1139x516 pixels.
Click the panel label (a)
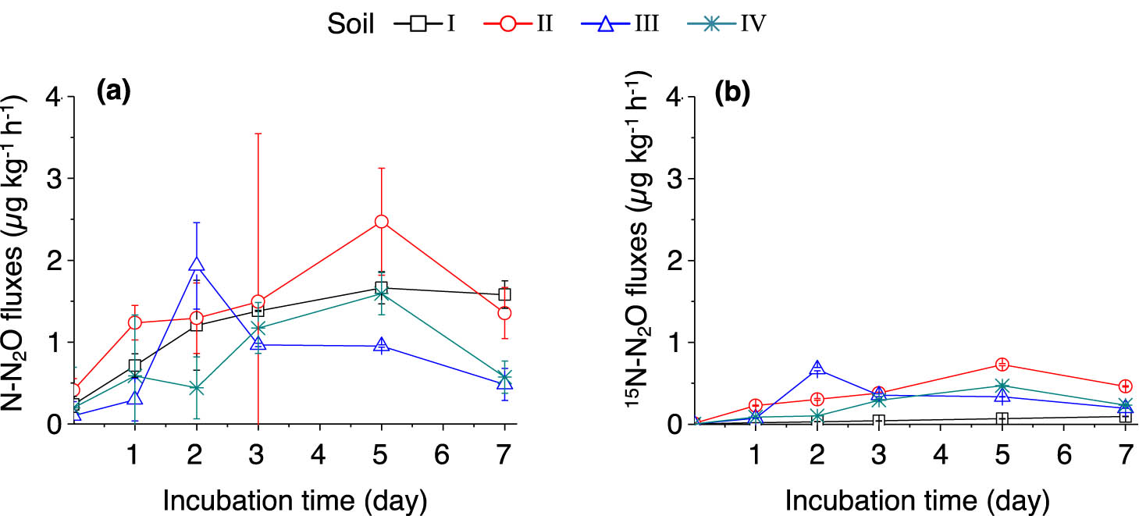click(113, 92)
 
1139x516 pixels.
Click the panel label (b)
click(732, 92)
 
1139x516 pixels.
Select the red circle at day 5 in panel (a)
click(381, 222)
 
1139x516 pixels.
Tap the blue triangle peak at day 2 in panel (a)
click(196, 265)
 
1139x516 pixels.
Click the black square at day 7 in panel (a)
click(504, 294)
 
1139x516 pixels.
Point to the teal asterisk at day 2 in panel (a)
click(196, 388)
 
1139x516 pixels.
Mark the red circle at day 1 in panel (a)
click(134, 322)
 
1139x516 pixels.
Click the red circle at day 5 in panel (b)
click(1002, 365)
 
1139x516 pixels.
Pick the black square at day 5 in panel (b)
click(1002, 418)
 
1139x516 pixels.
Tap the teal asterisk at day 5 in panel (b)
click(1002, 386)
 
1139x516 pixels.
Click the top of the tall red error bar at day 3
click(258, 133)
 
